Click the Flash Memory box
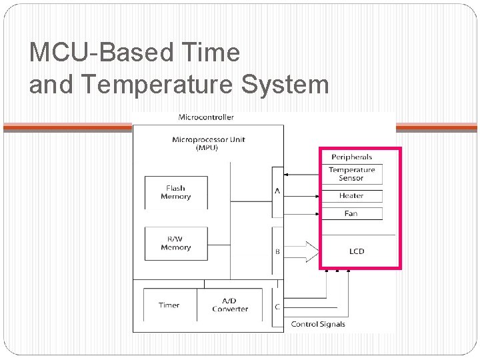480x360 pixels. pos(176,193)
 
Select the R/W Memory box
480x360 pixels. pos(176,243)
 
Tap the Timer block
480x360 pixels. pos(169,305)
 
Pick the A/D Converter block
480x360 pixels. pos(230,305)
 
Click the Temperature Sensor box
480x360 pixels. pos(351,174)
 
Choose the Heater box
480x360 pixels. pos(351,196)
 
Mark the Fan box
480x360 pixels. pos(351,213)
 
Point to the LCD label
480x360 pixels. pos(357,251)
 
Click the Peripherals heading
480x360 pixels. pos(351,157)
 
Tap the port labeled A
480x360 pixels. pos(277,191)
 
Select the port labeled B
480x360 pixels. pos(277,251)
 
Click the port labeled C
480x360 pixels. pos(277,307)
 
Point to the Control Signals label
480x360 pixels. pos(318,325)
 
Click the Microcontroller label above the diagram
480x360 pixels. pos(206,117)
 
